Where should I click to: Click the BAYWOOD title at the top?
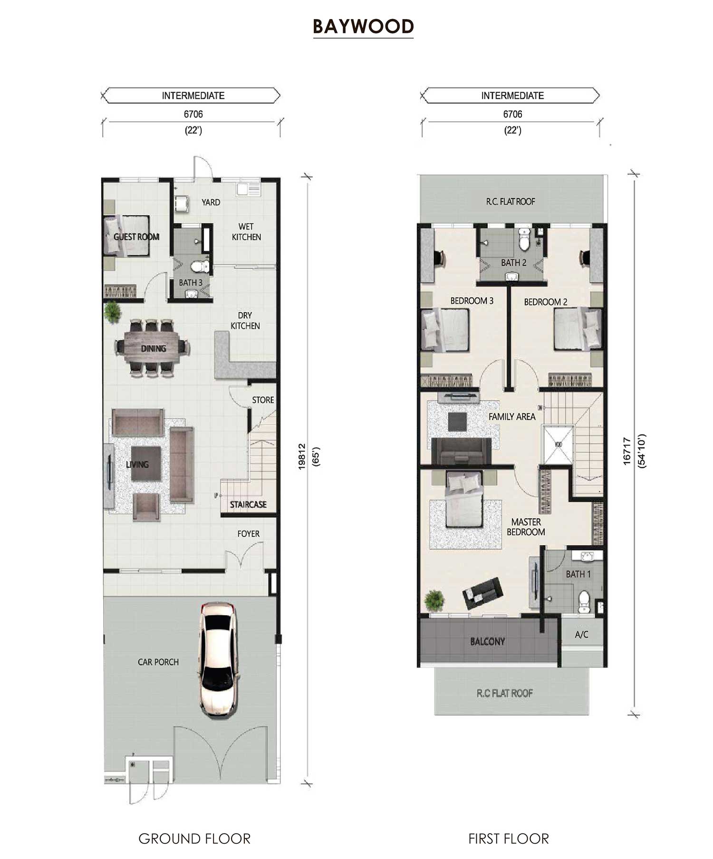[363, 27]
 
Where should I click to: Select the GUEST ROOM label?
[136, 237]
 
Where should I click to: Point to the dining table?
[152, 348]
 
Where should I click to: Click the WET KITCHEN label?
[246, 232]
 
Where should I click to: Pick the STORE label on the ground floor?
[263, 400]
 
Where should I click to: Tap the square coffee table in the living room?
[146, 463]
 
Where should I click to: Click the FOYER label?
[249, 534]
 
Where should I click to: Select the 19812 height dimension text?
[301, 457]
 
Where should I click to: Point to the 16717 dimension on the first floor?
[627, 451]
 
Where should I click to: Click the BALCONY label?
[487, 641]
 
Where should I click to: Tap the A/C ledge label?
[581, 635]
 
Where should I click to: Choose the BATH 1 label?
[578, 574]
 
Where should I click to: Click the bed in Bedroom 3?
[445, 330]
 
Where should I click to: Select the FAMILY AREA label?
[512, 417]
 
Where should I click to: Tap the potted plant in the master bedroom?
[434, 600]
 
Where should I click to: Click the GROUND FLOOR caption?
[194, 839]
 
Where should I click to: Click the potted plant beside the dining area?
[113, 312]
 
